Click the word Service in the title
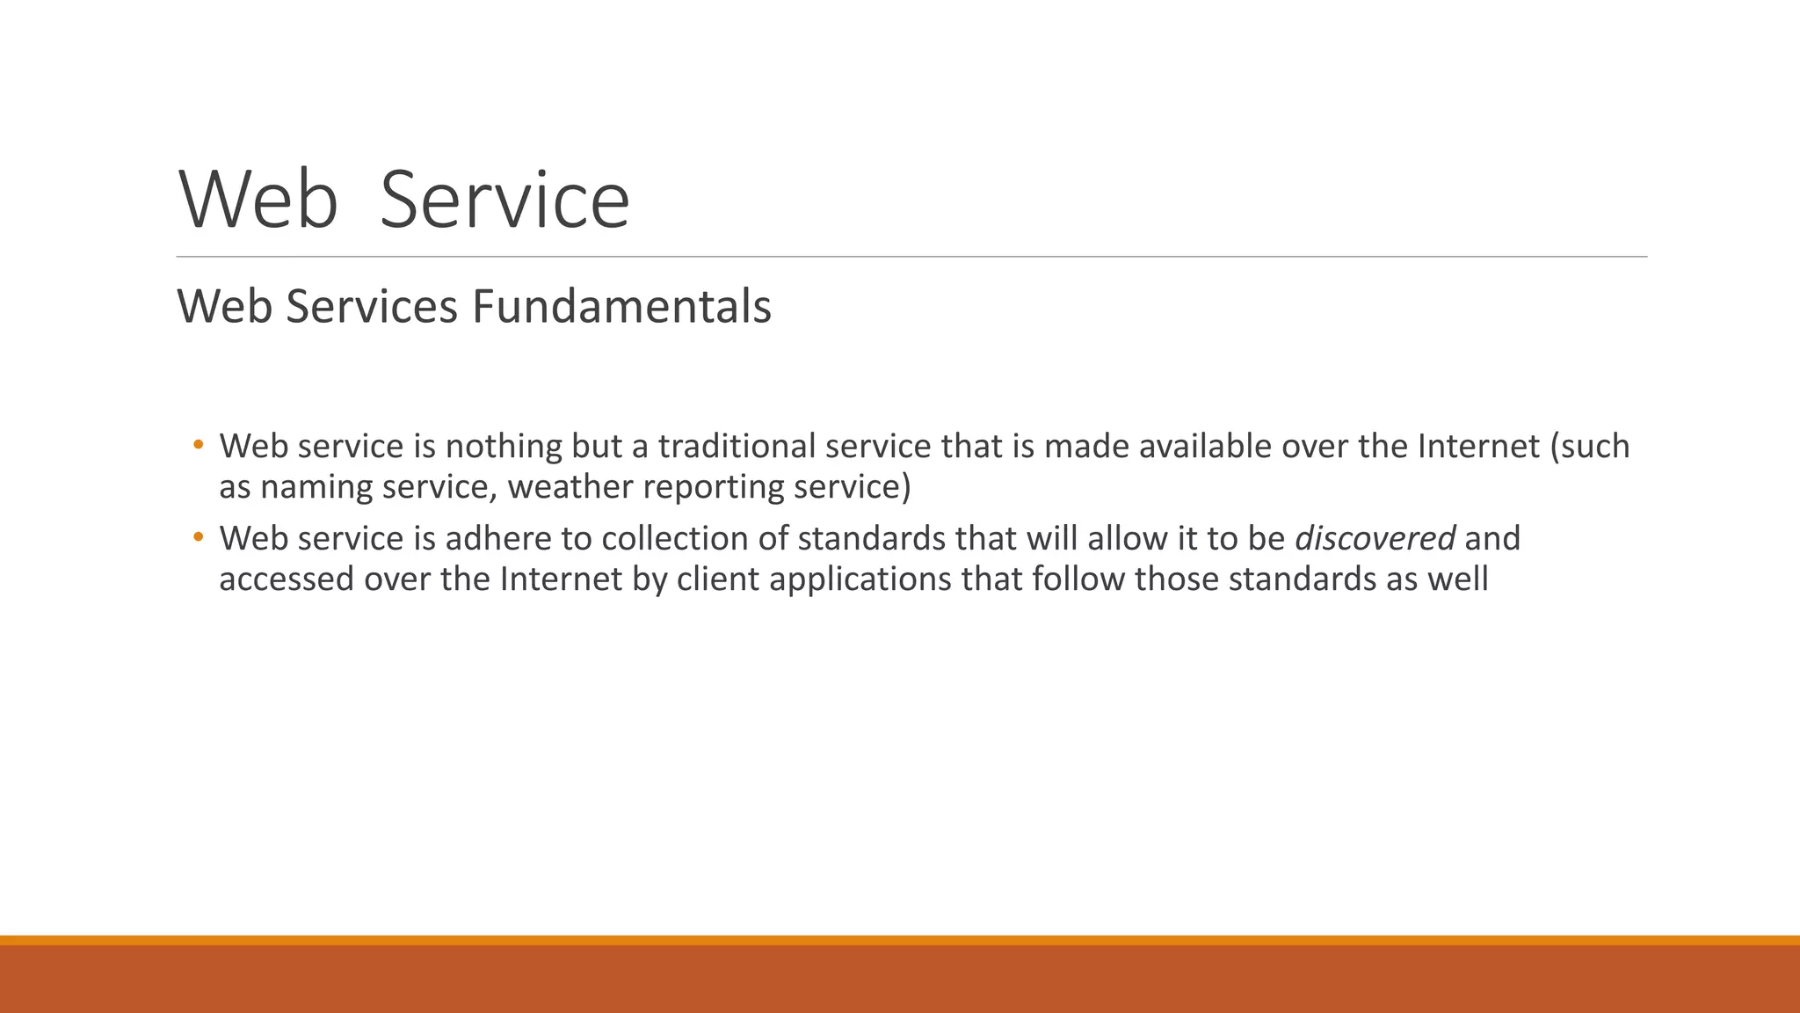(x=504, y=200)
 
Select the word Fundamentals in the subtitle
(x=621, y=307)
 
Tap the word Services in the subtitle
(x=372, y=307)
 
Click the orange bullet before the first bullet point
(x=199, y=444)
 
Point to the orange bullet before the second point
(x=199, y=536)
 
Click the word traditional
(x=737, y=447)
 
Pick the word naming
(x=316, y=487)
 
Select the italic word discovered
(x=1375, y=539)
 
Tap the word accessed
(x=286, y=579)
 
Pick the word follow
(x=1078, y=579)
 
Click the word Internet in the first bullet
(x=1478, y=447)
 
